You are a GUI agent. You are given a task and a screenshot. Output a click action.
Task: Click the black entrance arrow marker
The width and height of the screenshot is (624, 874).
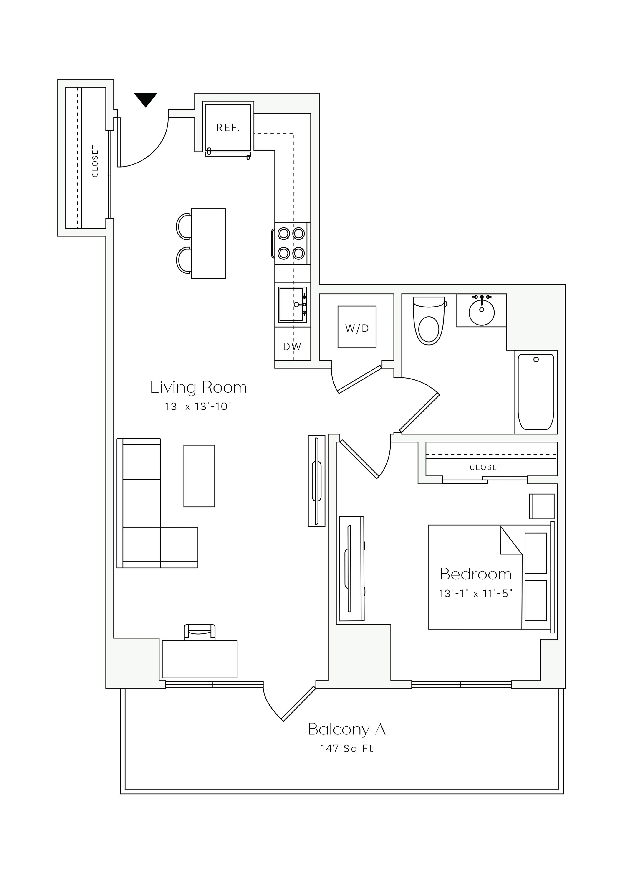146,99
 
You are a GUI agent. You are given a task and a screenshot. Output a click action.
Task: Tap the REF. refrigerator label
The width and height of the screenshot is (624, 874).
228,128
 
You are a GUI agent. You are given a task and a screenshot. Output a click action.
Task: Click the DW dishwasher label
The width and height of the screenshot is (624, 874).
292,347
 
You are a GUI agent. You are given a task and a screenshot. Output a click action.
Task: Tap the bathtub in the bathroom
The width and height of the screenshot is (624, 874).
536,392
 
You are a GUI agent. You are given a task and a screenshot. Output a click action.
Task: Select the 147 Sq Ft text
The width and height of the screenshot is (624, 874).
347,748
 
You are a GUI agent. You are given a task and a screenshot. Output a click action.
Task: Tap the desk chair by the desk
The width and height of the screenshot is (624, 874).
200,632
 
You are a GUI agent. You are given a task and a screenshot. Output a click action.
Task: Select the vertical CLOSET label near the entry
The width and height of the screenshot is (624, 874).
95,161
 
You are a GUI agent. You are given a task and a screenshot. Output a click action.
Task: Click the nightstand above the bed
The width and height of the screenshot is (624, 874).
542,507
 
